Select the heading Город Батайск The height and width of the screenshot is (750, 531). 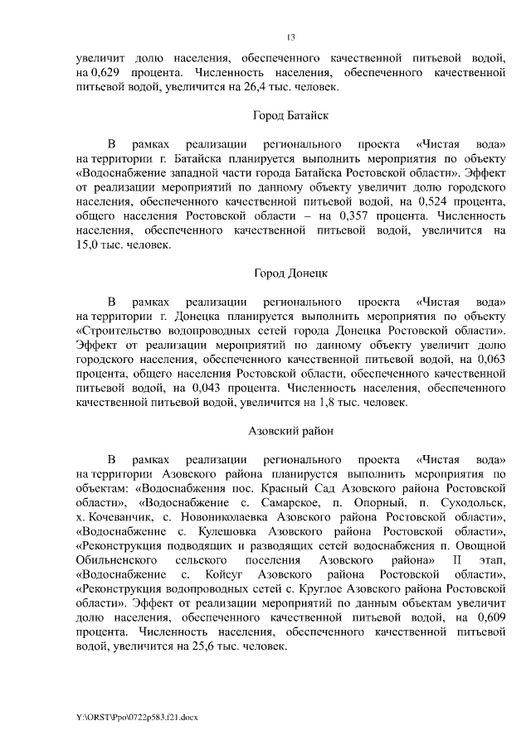(x=290, y=116)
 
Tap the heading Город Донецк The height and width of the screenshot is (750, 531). (x=290, y=272)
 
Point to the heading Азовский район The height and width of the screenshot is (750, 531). (x=290, y=431)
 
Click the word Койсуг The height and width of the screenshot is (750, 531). (x=222, y=574)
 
